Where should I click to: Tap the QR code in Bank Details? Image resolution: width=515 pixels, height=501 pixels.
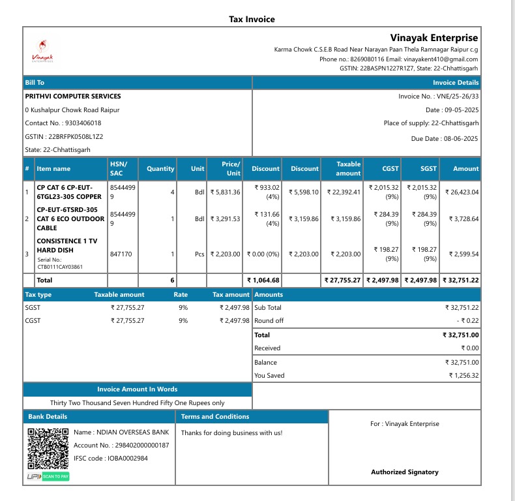click(x=48, y=449)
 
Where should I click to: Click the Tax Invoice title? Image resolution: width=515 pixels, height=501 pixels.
click(x=252, y=19)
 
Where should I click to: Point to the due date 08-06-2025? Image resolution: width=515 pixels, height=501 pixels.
click(x=461, y=138)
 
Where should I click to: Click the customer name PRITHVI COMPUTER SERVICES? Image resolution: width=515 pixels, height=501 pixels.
click(x=72, y=97)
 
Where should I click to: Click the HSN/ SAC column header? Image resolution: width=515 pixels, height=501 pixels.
click(x=119, y=168)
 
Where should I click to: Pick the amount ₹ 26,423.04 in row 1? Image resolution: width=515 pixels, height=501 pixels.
click(x=461, y=192)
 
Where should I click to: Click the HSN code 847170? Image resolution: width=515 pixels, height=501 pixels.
click(x=121, y=254)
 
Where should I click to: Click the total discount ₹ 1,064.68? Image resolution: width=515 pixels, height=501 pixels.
click(x=263, y=280)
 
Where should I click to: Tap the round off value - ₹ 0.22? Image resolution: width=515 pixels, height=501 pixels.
click(x=465, y=321)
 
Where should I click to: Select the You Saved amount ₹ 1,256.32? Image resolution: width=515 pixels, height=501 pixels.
click(x=463, y=376)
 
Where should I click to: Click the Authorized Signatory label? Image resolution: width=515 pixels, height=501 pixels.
click(x=404, y=472)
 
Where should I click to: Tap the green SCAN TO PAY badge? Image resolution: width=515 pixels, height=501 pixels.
click(x=56, y=477)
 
